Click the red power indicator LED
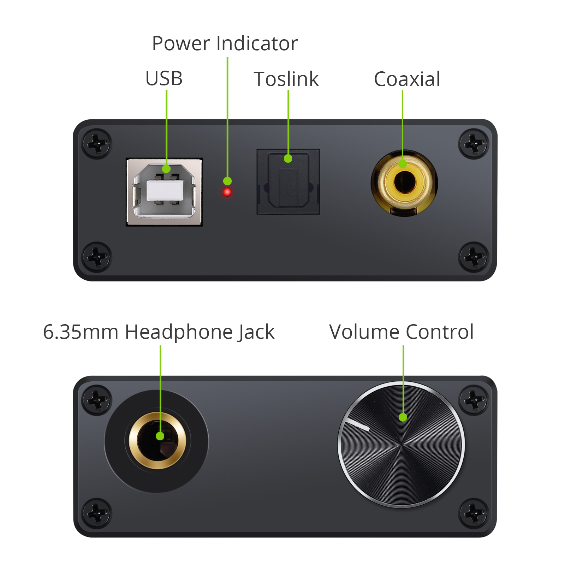pyautogui.click(x=227, y=192)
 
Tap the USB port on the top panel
pyautogui.click(x=164, y=192)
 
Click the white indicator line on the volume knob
pyautogui.click(x=357, y=425)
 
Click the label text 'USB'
pyautogui.click(x=164, y=78)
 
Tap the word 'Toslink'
pyautogui.click(x=286, y=79)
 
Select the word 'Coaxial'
pyautogui.click(x=407, y=79)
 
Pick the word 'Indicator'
pyautogui.click(x=257, y=43)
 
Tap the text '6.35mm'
pyautogui.click(x=81, y=332)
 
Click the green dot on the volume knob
pyautogui.click(x=403, y=417)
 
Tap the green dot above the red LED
pyautogui.click(x=227, y=181)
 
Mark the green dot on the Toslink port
pyautogui.click(x=288, y=159)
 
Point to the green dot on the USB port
pyautogui.click(x=166, y=169)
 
